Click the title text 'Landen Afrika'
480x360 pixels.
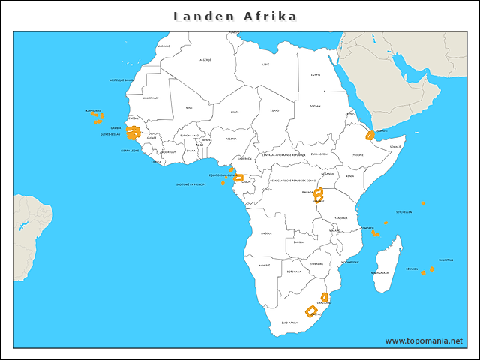click(235, 16)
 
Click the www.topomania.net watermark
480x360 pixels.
click(424, 341)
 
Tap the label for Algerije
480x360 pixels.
click(205, 60)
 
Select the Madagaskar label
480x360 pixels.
click(380, 273)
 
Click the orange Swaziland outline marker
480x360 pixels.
click(325, 297)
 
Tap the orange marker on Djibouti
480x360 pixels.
click(370, 136)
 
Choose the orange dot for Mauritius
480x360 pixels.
click(432, 268)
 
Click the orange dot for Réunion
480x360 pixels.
click(423, 273)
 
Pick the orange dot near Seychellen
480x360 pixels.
click(423, 203)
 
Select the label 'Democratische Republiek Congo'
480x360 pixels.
click(289, 181)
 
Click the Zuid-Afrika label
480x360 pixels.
click(289, 322)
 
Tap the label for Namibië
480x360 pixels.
click(264, 265)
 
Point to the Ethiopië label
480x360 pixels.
click(357, 156)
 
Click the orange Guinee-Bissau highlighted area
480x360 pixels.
click(133, 135)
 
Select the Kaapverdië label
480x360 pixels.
click(93, 110)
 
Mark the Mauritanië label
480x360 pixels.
click(151, 97)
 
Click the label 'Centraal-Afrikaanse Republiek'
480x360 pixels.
click(283, 154)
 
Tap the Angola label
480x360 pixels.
click(266, 233)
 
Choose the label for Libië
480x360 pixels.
click(265, 64)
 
